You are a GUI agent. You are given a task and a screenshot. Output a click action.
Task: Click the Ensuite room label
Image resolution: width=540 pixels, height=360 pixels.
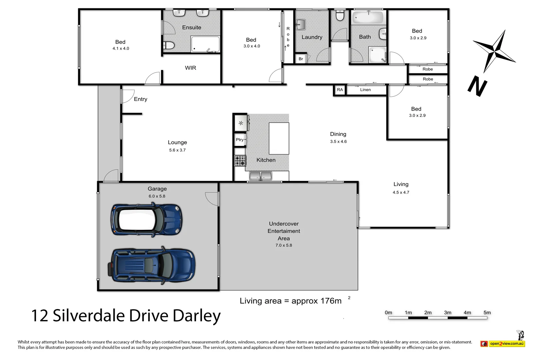[x=192, y=27]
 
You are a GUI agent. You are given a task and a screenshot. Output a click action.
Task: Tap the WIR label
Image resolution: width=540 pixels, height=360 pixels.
[x=190, y=68]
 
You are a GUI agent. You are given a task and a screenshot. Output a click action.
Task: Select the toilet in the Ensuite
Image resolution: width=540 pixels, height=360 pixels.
[x=169, y=45]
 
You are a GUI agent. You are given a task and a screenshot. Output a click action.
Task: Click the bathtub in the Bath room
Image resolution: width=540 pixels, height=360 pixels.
[x=368, y=17]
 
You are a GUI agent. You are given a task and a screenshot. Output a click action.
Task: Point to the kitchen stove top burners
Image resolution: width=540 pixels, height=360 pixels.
[x=240, y=161]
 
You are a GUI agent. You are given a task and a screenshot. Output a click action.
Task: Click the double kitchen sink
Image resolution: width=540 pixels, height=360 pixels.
[x=261, y=175]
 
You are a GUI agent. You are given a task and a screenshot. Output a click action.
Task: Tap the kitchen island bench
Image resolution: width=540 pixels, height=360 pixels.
[x=279, y=138]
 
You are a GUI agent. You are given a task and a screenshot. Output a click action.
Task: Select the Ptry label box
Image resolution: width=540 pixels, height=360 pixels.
[x=240, y=140]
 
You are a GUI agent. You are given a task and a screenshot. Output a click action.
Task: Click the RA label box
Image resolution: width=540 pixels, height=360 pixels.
[x=340, y=90]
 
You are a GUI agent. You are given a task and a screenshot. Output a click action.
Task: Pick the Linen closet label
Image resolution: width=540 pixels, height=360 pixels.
[x=365, y=90]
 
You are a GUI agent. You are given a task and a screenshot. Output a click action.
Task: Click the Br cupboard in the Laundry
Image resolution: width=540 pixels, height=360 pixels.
[x=301, y=59]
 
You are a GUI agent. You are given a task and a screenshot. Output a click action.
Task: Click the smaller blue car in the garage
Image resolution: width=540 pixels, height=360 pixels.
[x=147, y=220]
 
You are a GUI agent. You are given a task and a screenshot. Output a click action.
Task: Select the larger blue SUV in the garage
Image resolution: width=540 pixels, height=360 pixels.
[x=152, y=265]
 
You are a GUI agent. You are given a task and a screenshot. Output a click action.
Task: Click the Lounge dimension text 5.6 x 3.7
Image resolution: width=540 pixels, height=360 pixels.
[x=177, y=150]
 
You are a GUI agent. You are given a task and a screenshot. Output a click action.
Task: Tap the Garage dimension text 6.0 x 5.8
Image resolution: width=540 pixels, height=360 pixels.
[x=157, y=196]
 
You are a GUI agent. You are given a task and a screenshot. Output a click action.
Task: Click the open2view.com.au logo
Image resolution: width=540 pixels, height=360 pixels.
[x=506, y=343]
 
